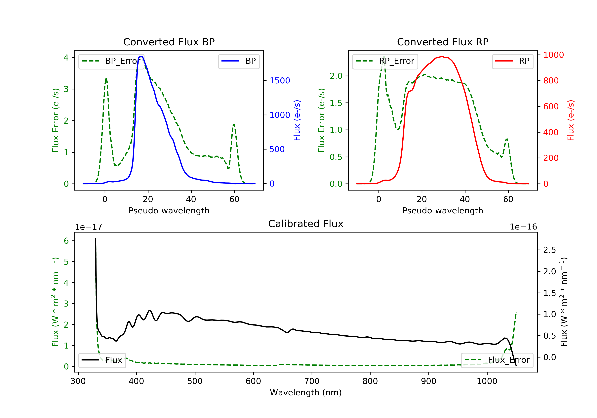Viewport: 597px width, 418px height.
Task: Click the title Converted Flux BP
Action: point(169,42)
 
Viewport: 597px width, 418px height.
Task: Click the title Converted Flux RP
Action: point(443,42)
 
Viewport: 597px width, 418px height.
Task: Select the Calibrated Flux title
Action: point(306,224)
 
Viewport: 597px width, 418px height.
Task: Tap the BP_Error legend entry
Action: point(111,61)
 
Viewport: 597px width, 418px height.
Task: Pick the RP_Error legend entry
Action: point(385,61)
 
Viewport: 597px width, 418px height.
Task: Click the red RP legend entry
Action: point(512,61)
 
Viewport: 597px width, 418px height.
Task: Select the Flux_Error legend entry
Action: point(497,360)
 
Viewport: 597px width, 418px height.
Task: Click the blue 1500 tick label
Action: point(280,81)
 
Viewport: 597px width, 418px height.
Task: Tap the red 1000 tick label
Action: point(554,55)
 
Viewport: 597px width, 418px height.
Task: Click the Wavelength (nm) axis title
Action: point(306,393)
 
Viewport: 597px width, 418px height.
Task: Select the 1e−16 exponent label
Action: point(523,227)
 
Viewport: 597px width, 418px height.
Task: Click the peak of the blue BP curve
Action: point(141,57)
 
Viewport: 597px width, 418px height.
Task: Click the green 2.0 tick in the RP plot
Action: point(336,76)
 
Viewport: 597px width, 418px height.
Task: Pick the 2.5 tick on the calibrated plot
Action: point(549,250)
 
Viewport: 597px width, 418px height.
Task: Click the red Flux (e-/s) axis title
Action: point(571,120)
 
